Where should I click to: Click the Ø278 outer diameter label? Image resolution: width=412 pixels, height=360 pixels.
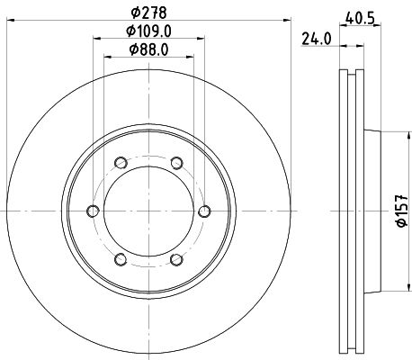pos(148,13)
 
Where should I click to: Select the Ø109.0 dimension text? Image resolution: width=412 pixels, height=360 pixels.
pos(148,31)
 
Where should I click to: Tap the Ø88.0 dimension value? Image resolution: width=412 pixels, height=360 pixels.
pos(148,49)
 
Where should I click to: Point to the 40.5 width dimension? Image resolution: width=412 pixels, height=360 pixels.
pos(360,18)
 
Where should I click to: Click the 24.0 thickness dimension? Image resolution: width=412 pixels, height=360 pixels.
pos(317,39)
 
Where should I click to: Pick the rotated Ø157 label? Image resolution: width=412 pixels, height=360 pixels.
pos(401,211)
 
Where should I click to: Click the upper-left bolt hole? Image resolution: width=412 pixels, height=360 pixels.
pos(121,163)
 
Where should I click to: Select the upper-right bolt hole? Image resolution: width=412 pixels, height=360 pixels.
pos(177,163)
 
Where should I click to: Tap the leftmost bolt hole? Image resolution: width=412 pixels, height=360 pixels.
pos(93,211)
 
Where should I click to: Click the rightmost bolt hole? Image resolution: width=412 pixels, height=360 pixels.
pos(205,211)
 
